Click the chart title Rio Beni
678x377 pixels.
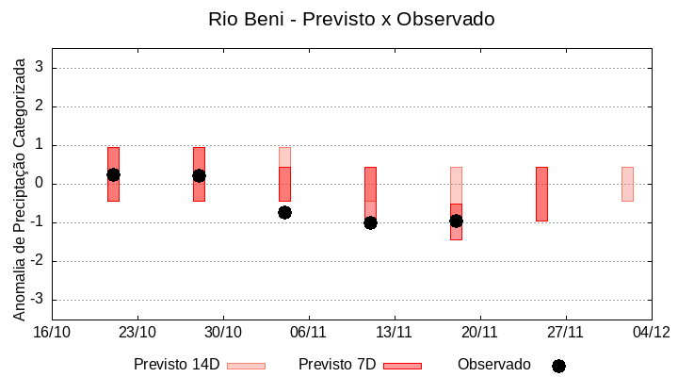[351, 19]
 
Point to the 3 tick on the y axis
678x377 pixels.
[40, 68]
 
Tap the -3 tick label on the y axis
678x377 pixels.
[37, 300]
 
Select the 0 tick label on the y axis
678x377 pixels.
[40, 184]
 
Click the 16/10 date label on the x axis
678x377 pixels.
[52, 332]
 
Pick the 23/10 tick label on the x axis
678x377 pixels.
[137, 332]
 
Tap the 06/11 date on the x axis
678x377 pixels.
[309, 332]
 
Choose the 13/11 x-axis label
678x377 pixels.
[395, 332]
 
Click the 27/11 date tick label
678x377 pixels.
[566, 332]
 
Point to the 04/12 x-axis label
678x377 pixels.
[652, 332]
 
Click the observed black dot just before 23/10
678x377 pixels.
[113, 174]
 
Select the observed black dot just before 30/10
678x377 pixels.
[199, 175]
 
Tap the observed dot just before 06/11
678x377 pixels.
[284, 212]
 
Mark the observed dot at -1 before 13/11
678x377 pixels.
[370, 222]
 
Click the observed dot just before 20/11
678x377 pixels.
[456, 221]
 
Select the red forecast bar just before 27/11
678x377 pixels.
[541, 193]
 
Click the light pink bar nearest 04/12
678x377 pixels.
[627, 184]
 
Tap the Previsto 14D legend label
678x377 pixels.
[176, 365]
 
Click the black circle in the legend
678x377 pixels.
[558, 366]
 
